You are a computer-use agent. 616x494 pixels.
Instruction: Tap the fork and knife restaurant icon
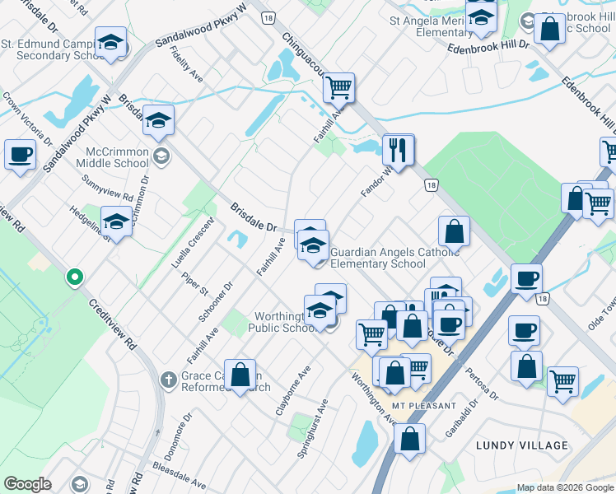397,151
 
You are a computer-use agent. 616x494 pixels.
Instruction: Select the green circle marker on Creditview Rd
75,277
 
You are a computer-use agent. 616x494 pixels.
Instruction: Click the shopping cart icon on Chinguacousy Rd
338,86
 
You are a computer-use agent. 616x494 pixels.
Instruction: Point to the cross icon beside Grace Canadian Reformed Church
167,380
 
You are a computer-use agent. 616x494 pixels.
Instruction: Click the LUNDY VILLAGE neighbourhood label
522,445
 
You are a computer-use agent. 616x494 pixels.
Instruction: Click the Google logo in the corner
27,483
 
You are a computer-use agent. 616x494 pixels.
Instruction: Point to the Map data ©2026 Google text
564,487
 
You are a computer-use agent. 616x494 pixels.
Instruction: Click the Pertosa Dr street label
483,381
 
